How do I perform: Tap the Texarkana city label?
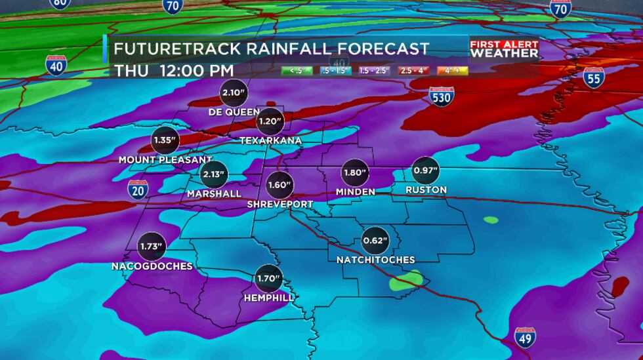tap(270, 140)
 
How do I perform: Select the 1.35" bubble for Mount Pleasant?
tap(165, 140)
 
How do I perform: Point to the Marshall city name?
tap(214, 193)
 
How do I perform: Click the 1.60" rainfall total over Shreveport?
tap(279, 185)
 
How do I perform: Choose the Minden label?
tap(355, 191)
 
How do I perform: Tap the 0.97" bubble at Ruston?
tap(425, 171)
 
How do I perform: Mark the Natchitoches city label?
tap(375, 260)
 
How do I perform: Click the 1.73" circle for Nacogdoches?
tap(151, 247)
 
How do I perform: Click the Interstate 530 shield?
tap(441, 96)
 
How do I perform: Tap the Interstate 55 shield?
tap(593, 77)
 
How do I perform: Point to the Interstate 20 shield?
tap(137, 190)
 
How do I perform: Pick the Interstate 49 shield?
tap(524, 338)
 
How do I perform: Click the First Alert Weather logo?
tap(504, 50)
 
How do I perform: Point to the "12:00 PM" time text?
tap(196, 70)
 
